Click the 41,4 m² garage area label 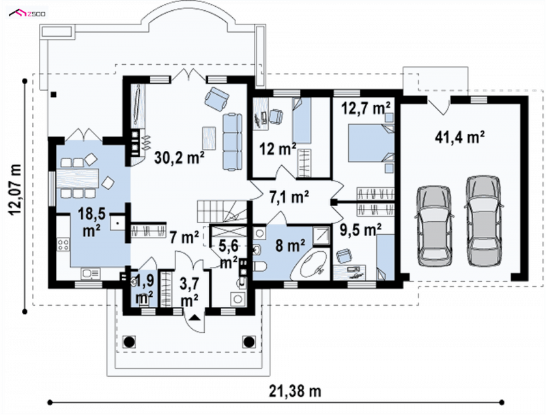(x=459, y=137)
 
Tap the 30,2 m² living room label (x=179, y=158)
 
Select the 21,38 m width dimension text (x=295, y=391)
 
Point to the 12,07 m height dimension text (x=16, y=190)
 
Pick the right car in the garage (x=483, y=221)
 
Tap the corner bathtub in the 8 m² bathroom (x=311, y=263)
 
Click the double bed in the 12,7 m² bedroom (x=371, y=143)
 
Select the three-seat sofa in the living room (x=232, y=142)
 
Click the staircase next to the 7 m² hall (x=222, y=211)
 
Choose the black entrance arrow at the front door (x=195, y=317)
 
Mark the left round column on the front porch (x=129, y=341)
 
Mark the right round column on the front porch (x=249, y=341)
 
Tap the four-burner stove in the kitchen (x=63, y=244)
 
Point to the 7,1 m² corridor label (x=289, y=197)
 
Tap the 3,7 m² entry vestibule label (x=190, y=291)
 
